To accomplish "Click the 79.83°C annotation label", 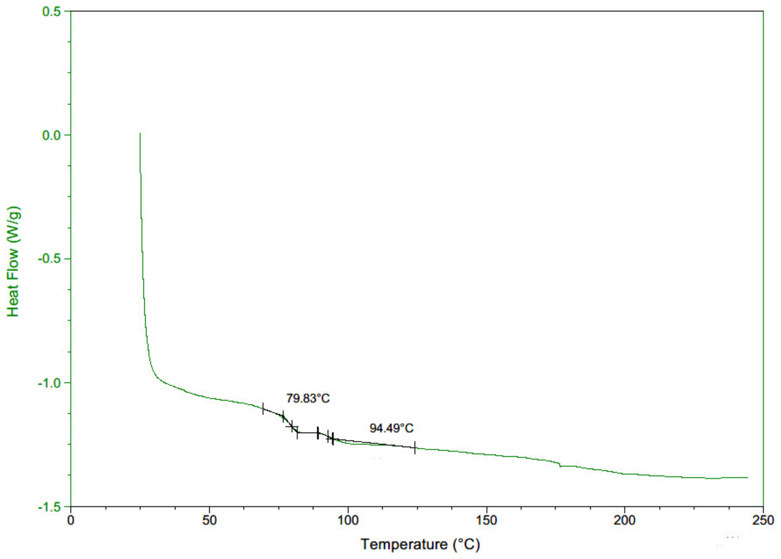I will pyautogui.click(x=308, y=399).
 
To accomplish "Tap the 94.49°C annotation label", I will pyautogui.click(x=391, y=428).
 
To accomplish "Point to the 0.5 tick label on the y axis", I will pyautogui.click(x=52, y=12).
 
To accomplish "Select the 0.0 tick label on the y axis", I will pyautogui.click(x=52, y=135).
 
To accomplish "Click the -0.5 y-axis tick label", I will pyautogui.click(x=49, y=259).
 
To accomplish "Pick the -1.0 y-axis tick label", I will pyautogui.click(x=49, y=383).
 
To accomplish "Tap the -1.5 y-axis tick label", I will pyautogui.click(x=49, y=507).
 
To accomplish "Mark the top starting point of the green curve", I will pyautogui.click(x=140, y=134).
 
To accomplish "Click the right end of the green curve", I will pyautogui.click(x=748, y=477).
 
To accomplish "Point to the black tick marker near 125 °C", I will pyautogui.click(x=415, y=447).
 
